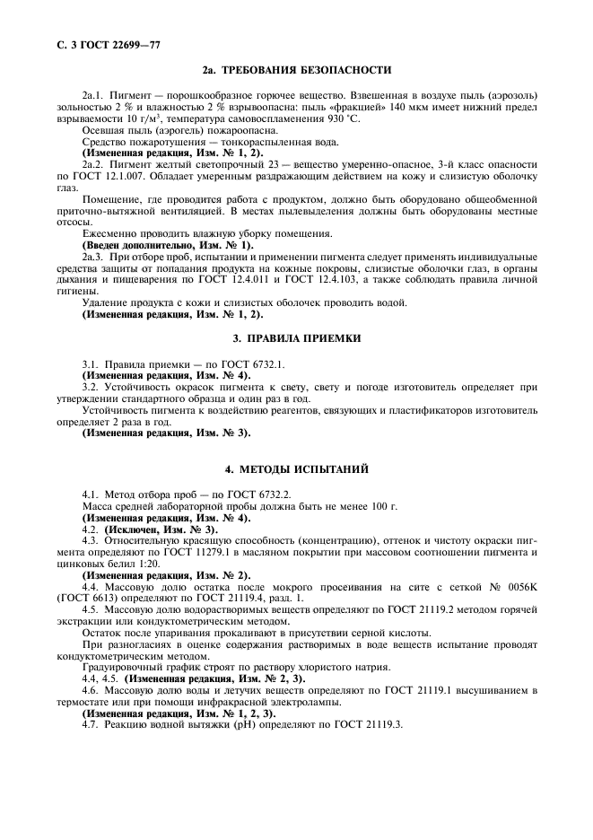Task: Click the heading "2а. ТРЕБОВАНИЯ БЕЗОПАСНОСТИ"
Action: point(296,70)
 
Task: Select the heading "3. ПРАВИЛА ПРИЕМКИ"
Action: point(296,338)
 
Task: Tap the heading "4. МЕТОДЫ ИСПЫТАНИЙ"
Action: point(296,469)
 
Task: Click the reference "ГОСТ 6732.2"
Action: point(260,494)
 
